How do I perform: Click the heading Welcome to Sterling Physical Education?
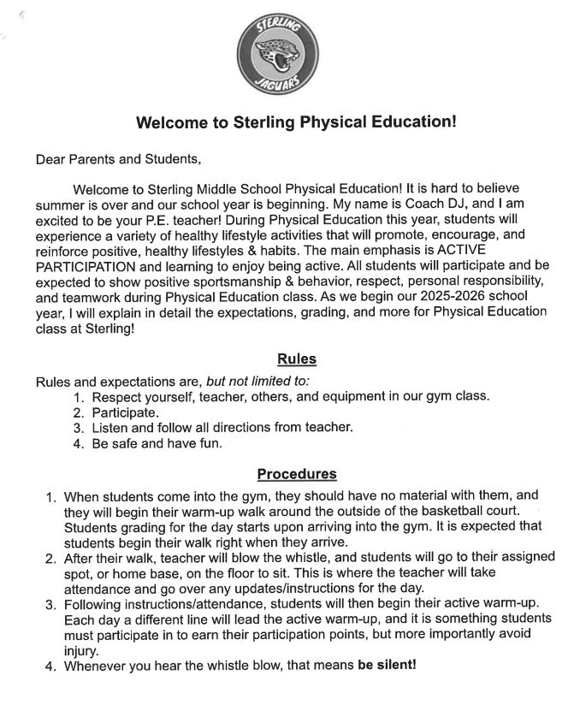(x=296, y=122)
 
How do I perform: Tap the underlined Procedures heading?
(x=296, y=474)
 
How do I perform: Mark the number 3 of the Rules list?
(x=77, y=427)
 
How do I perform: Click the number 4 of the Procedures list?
(x=50, y=665)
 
